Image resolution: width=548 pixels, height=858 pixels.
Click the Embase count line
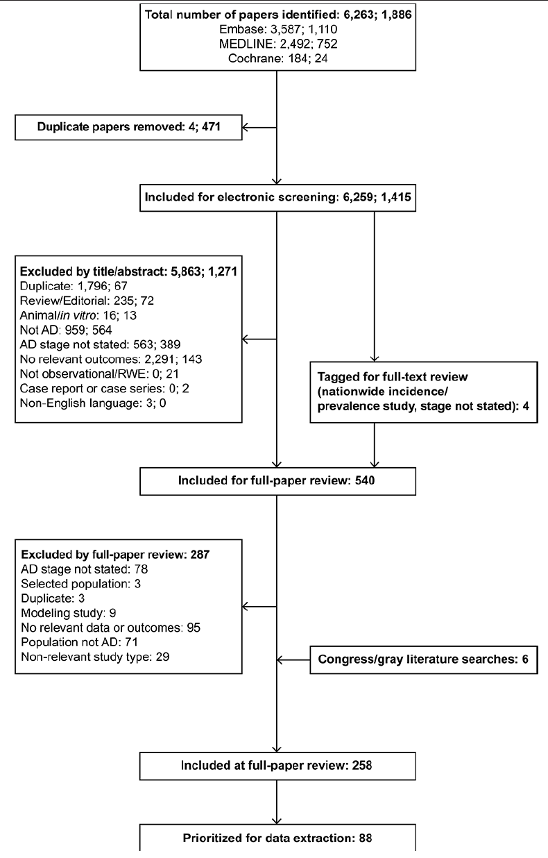tap(278, 29)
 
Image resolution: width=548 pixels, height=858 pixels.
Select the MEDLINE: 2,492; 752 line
tap(278, 44)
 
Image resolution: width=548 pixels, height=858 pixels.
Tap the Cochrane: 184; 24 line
tap(278, 58)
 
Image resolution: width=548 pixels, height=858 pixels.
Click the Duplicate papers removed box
tap(128, 127)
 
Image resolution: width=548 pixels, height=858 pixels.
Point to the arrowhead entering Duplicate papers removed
tap(246, 127)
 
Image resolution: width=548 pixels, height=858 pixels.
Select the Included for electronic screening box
tap(278, 198)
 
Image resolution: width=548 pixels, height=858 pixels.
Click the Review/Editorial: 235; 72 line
tap(87, 301)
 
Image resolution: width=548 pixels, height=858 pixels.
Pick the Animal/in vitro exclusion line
tap(78, 315)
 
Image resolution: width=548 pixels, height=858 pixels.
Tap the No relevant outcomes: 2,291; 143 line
tap(111, 360)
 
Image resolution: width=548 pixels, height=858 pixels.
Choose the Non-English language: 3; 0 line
tap(93, 403)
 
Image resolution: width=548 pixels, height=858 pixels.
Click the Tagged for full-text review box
tap(424, 392)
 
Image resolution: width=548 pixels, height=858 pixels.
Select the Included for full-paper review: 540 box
tap(278, 481)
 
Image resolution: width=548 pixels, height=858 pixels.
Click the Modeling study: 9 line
tap(69, 613)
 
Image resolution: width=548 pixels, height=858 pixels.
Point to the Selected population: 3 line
tap(80, 584)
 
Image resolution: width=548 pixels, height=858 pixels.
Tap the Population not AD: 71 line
tap(79, 642)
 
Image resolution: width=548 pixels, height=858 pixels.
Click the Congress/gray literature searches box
tap(424, 660)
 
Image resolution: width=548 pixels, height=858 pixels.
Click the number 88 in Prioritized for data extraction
tap(366, 838)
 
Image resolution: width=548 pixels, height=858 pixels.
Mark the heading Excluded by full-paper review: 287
tap(115, 555)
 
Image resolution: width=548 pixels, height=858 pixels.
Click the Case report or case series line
tap(105, 389)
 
